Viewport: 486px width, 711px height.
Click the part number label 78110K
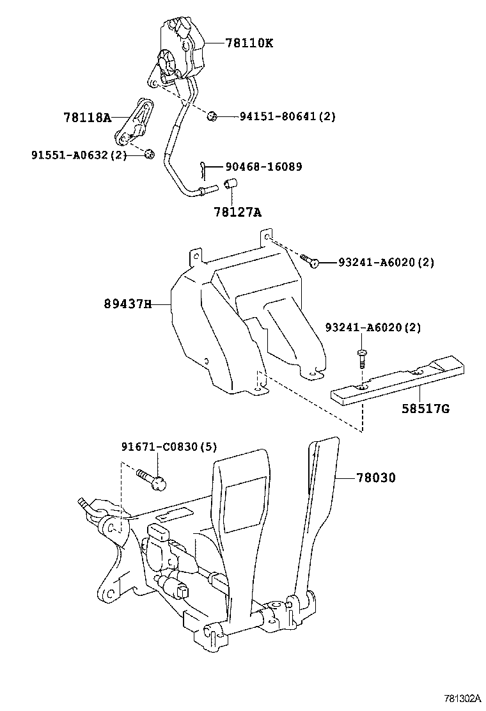[x=249, y=43]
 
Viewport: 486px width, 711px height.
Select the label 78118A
[x=87, y=118]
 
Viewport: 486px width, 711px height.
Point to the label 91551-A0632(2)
[x=78, y=155]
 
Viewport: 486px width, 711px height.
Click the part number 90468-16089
[x=263, y=167]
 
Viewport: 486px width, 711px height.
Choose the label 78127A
[x=237, y=211]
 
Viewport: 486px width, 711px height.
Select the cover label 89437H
[x=128, y=304]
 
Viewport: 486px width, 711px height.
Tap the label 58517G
[x=425, y=407]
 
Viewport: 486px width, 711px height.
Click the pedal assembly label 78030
[x=375, y=478]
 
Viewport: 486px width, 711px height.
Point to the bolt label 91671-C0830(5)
[x=169, y=447]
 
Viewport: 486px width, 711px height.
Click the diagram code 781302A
[x=462, y=698]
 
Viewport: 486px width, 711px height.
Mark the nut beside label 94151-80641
[x=212, y=116]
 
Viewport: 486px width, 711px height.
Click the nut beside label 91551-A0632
[x=149, y=153]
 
